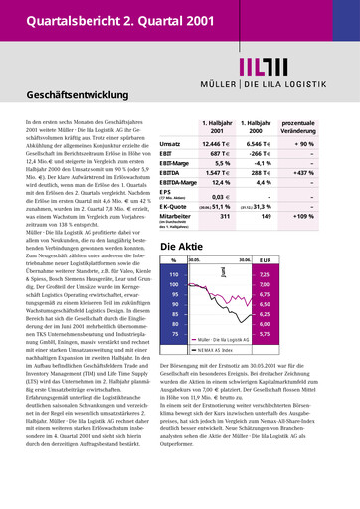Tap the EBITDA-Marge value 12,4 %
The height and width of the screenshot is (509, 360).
click(x=220, y=183)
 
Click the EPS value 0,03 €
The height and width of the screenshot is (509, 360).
click(x=222, y=199)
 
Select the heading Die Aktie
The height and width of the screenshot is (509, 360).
click(x=182, y=247)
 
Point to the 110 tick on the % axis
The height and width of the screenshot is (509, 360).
click(x=174, y=273)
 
